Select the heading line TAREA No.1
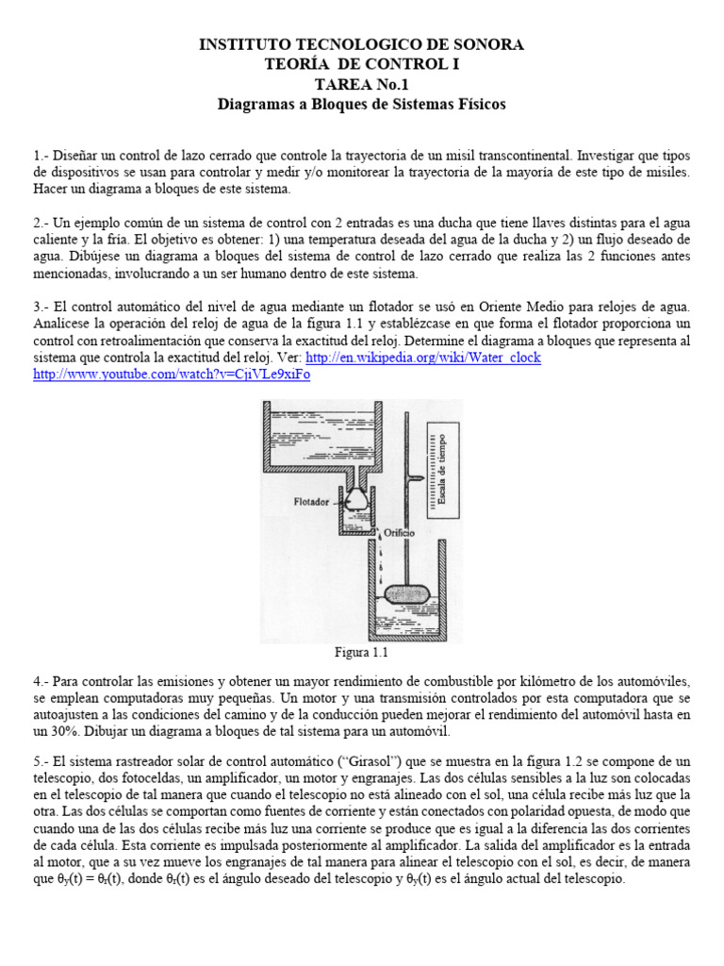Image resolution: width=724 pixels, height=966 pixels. pos(362,85)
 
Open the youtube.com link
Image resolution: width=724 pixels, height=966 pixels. pos(171,375)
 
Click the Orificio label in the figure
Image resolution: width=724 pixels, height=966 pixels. pos(400,532)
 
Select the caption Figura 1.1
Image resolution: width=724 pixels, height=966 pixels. pos(362,653)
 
